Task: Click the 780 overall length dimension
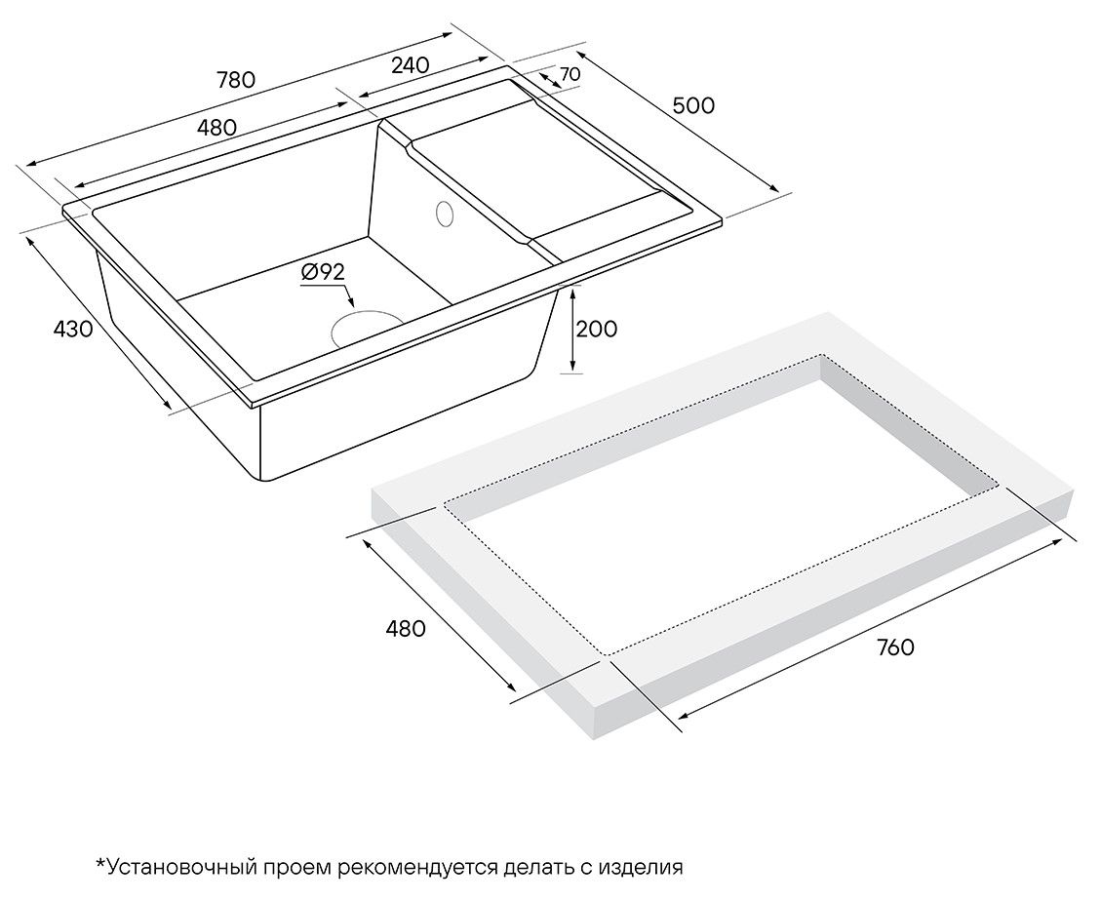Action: point(236,80)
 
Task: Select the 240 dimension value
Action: point(410,65)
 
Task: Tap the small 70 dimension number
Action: point(570,74)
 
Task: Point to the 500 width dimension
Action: point(693,105)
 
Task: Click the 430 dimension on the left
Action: point(73,329)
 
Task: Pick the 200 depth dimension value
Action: point(597,329)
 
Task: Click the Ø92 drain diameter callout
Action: point(323,272)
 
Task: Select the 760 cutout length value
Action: point(895,647)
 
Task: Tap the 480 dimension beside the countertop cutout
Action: point(405,628)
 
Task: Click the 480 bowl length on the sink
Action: point(216,128)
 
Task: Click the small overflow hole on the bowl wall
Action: point(445,214)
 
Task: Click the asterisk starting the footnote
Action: point(100,863)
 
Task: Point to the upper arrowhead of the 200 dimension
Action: point(573,294)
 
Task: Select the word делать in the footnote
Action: point(538,868)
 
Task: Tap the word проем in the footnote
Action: point(295,868)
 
